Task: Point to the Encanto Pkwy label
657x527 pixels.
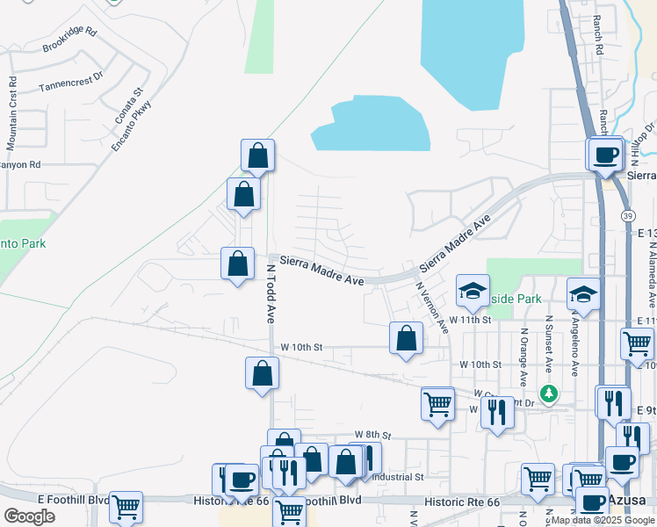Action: [x=132, y=126]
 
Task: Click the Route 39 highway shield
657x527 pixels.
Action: [x=625, y=216]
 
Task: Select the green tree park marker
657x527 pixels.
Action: [x=549, y=393]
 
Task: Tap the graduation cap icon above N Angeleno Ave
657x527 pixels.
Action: [x=583, y=295]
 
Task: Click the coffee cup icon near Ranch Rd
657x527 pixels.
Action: [x=605, y=155]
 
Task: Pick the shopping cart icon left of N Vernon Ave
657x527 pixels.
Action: [x=437, y=404]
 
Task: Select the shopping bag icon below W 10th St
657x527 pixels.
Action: [x=262, y=374]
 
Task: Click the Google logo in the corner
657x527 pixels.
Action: [x=28, y=516]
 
